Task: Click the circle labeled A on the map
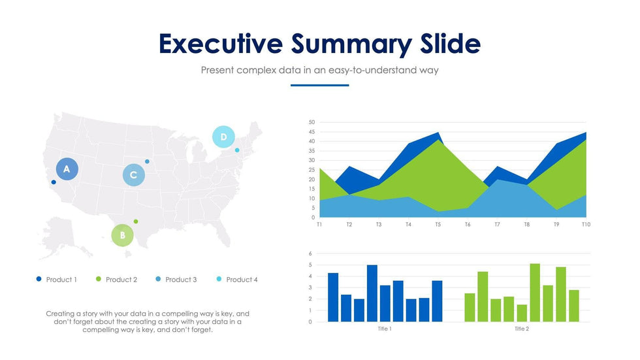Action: click(x=67, y=169)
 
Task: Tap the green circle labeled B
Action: click(x=122, y=235)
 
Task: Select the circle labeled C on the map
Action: click(x=133, y=175)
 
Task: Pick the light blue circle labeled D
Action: click(x=223, y=137)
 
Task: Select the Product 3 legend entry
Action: click(x=176, y=280)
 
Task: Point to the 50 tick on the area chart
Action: click(x=312, y=122)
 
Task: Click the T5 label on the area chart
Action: click(x=438, y=224)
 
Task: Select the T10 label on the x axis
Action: click(x=586, y=224)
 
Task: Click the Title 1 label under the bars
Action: click(x=385, y=329)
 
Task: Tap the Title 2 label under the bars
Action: click(x=522, y=329)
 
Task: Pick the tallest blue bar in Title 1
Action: click(x=372, y=293)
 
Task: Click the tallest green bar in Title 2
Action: click(x=535, y=293)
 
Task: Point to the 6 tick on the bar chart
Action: click(x=311, y=254)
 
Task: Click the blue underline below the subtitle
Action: click(x=319, y=85)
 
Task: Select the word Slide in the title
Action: click(x=447, y=44)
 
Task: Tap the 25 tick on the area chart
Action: click(x=312, y=170)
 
